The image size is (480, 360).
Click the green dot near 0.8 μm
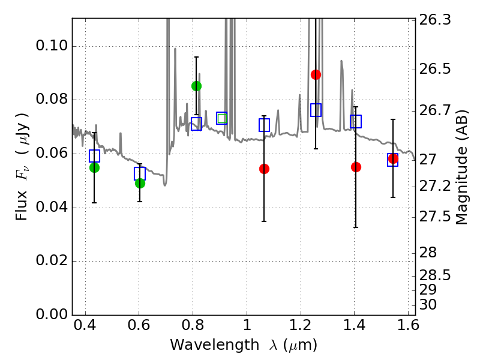(x=196, y=86)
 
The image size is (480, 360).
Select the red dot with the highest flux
(x=316, y=74)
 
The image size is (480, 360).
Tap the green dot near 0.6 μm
(x=140, y=183)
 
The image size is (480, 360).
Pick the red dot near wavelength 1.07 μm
(x=264, y=169)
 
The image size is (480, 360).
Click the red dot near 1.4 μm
(x=356, y=167)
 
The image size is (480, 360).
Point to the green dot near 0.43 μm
(x=94, y=167)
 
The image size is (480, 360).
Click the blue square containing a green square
(x=222, y=118)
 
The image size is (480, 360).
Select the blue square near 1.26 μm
(x=316, y=110)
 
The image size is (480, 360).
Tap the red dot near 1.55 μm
(x=393, y=159)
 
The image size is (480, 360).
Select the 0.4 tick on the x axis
(x=85, y=328)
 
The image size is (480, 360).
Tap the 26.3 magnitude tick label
(x=436, y=20)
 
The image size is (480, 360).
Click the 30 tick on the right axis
(x=429, y=305)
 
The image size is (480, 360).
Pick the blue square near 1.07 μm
(x=264, y=125)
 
